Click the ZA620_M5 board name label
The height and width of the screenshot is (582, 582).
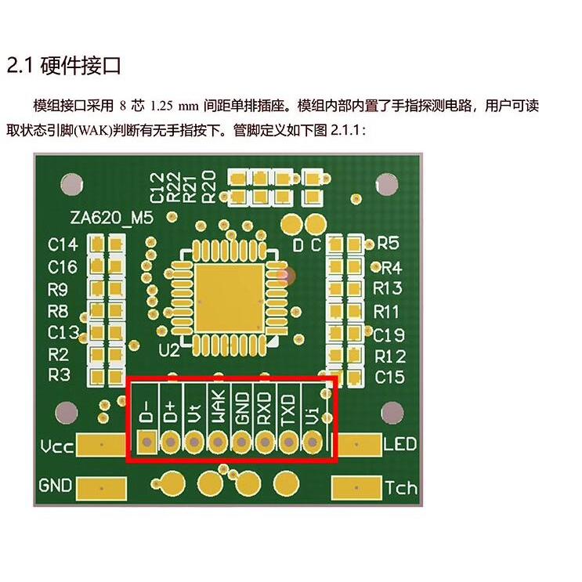110,217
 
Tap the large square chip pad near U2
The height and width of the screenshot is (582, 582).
230,296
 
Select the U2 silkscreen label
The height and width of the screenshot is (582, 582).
168,349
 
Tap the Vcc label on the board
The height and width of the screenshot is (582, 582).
57,447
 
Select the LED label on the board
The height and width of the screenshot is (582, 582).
400,446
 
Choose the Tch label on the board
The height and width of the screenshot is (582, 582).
401,488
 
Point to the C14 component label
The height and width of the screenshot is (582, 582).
63,244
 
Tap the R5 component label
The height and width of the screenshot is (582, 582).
389,243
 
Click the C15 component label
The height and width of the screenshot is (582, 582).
389,377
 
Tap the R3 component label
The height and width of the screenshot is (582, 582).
60,374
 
